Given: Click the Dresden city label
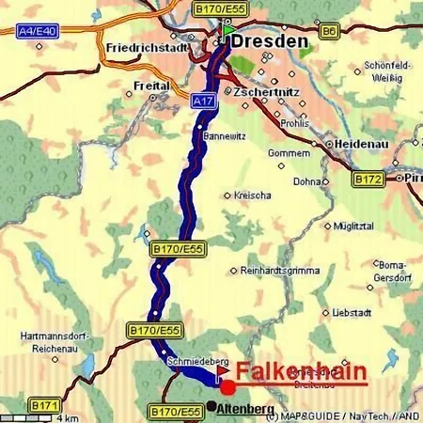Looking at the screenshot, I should [270, 42].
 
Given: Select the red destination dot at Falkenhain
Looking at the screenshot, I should [227, 387].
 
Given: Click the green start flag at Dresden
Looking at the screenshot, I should [228, 30].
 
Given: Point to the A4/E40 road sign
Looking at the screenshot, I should [38, 30].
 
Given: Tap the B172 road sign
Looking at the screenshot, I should [368, 177].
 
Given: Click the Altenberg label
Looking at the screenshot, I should [245, 408].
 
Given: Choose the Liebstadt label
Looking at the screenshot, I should [354, 312].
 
